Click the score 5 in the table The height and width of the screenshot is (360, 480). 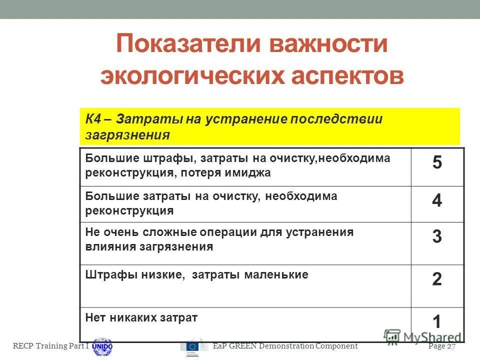[437, 163]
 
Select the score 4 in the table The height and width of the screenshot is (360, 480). [437, 200]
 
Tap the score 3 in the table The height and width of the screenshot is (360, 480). [437, 236]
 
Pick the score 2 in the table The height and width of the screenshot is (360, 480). [437, 279]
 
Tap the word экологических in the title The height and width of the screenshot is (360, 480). [194, 76]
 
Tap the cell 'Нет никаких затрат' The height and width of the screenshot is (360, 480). [142, 317]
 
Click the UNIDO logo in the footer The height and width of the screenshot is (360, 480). [102, 345]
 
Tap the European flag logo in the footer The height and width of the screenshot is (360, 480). [193, 346]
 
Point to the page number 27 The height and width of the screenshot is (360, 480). [451, 346]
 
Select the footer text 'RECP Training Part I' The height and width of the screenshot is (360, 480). [50, 346]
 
